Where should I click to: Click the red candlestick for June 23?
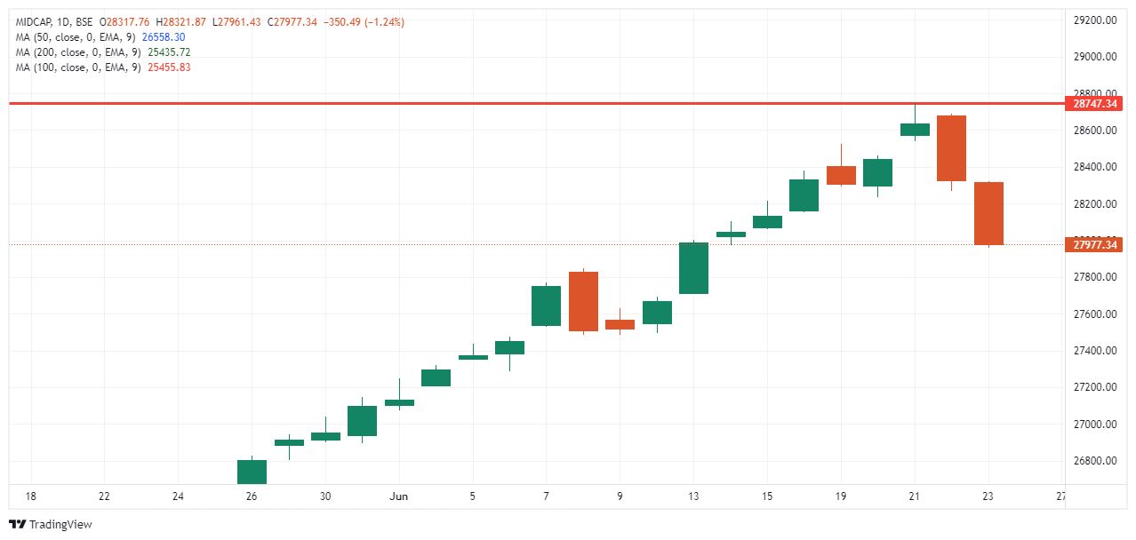pos(988,213)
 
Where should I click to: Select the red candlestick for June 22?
pos(951,148)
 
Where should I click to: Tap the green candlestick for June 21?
pos(915,130)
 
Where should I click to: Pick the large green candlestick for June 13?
pos(693,267)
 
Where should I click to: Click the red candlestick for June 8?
pos(583,301)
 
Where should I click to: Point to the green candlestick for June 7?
pos(546,306)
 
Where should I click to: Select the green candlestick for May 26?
pos(252,472)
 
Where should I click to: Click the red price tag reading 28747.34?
pos(1094,104)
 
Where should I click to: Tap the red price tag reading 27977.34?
pos(1094,244)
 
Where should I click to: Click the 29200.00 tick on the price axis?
pos(1094,20)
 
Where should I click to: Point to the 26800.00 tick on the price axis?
pos(1094,461)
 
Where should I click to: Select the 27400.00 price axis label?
pos(1094,351)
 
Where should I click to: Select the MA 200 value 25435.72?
pos(169,52)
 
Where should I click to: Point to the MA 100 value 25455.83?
pos(169,67)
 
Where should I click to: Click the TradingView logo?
pos(51,524)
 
